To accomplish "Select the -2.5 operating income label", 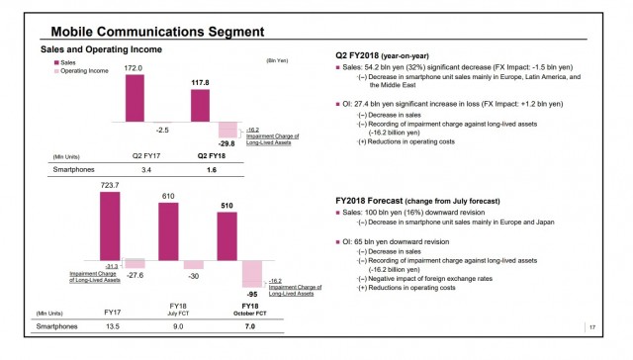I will pyautogui.click(x=163, y=129).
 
